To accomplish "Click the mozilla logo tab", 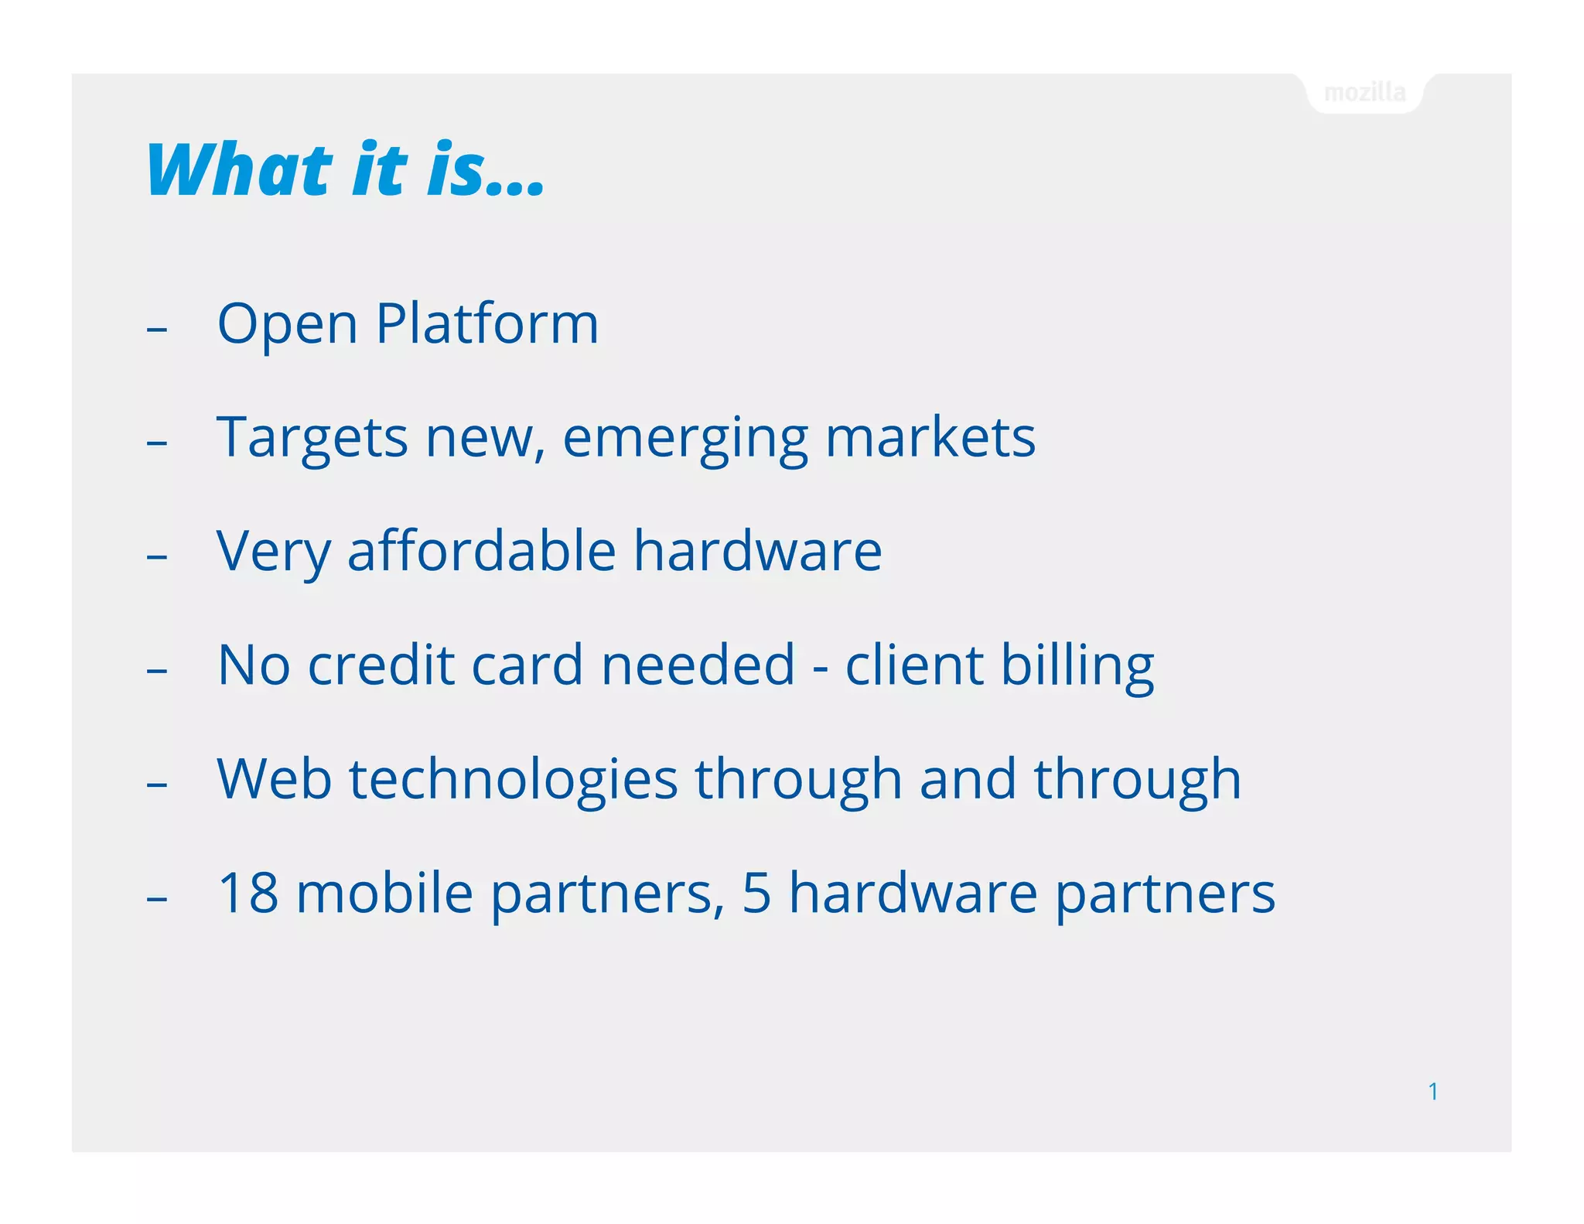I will tap(1364, 93).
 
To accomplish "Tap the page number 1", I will tap(1432, 1091).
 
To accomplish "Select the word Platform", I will tap(487, 323).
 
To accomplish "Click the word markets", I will tap(930, 437).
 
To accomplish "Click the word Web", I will tap(274, 778).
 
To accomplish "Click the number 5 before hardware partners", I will tap(756, 893).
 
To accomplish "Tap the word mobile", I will tap(384, 893).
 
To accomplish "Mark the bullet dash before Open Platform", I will tap(157, 330).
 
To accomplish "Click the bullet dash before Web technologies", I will tap(157, 785).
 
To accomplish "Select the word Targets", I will tap(311, 439).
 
